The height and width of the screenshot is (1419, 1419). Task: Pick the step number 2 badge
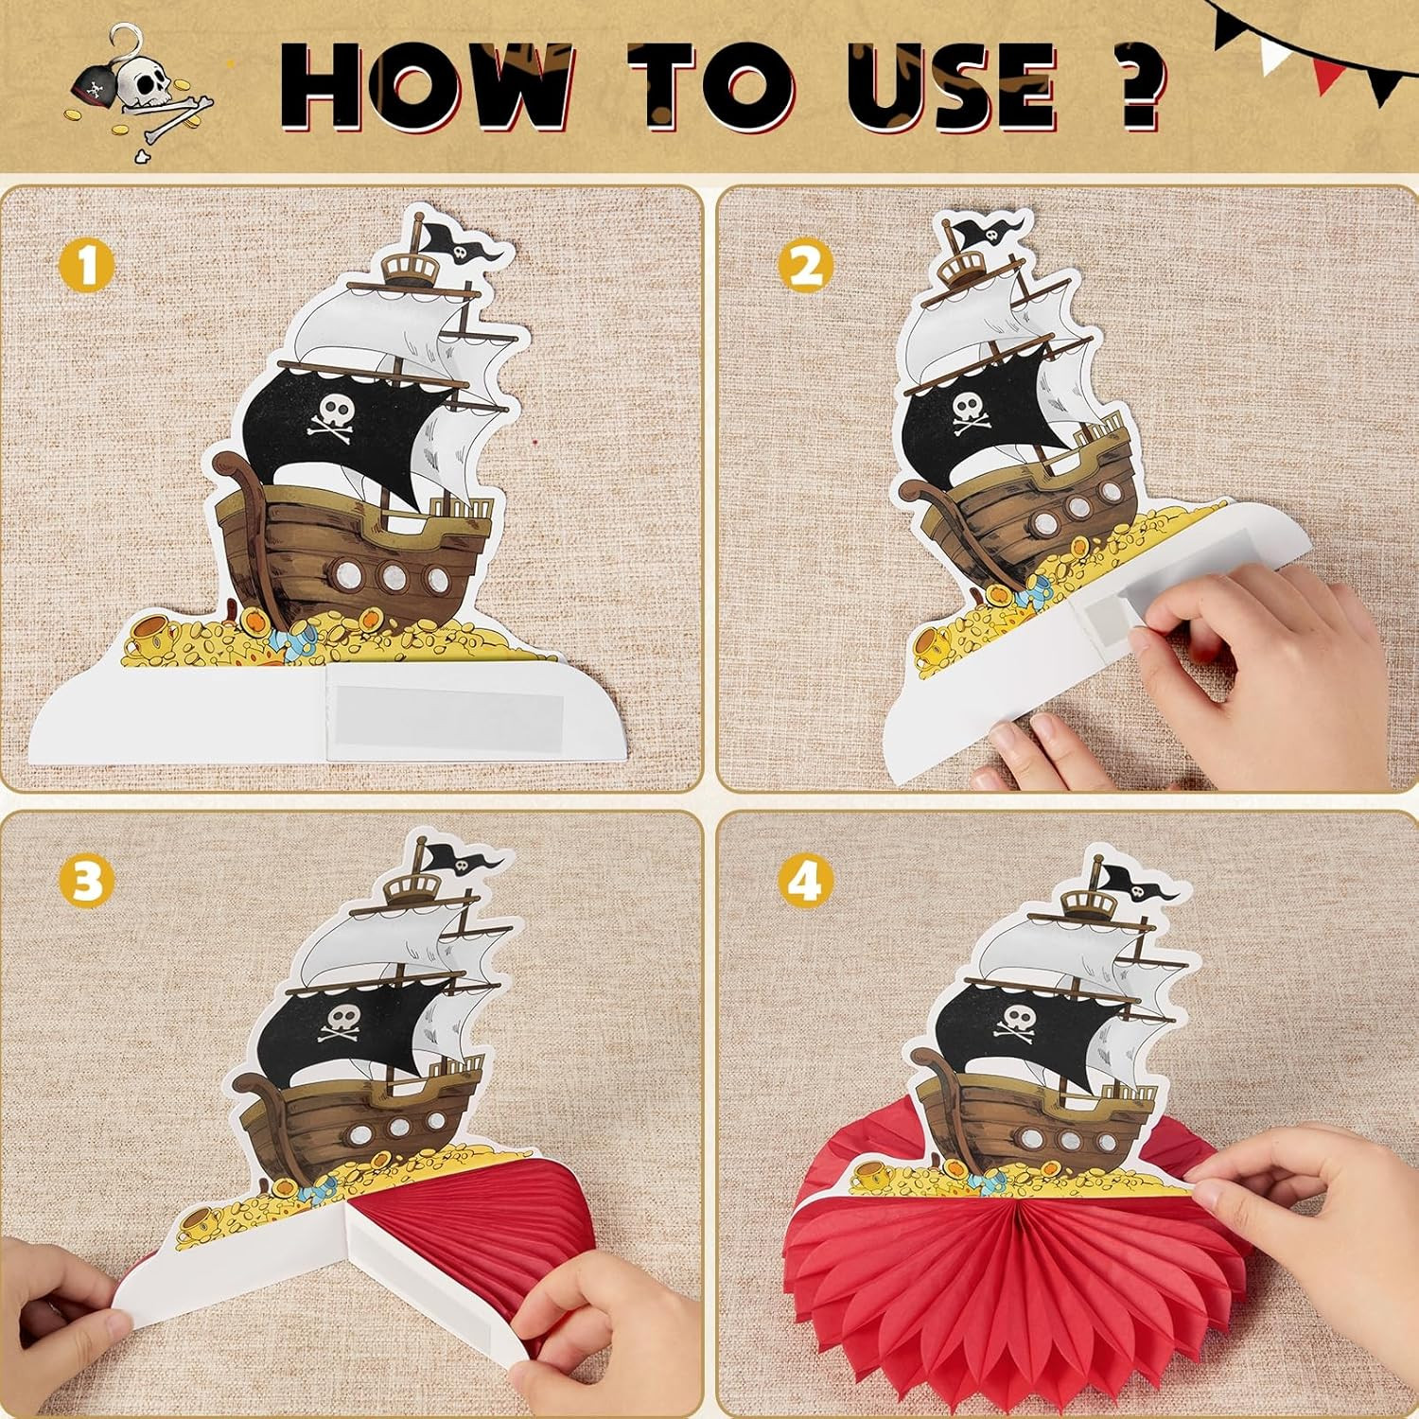point(806,267)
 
